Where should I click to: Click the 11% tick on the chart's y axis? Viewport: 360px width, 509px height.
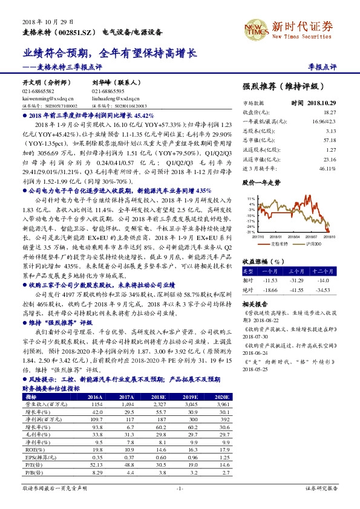click(x=250, y=198)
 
